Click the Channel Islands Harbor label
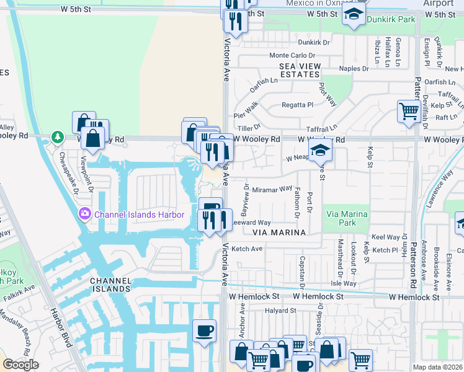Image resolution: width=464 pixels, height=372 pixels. point(140,215)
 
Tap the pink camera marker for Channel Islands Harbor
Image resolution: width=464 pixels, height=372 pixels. point(84,215)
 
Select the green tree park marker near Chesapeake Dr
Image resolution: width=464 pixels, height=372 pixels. point(57,136)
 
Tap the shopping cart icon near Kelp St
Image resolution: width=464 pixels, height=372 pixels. point(409,112)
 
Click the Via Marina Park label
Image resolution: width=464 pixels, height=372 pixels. point(347,218)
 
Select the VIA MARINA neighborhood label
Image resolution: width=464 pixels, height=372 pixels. point(280,232)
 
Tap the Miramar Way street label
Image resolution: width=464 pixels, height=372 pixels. point(272,189)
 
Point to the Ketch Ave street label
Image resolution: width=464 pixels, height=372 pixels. point(247,249)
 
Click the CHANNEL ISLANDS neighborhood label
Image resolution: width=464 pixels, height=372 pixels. point(111,285)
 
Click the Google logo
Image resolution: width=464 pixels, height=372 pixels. point(20,365)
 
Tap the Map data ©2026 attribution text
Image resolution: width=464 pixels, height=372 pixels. point(438,367)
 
